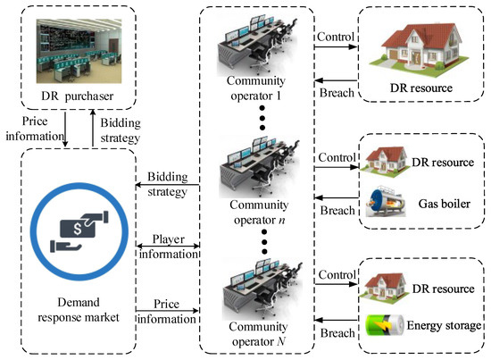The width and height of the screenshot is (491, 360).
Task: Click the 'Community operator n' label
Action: tap(254, 213)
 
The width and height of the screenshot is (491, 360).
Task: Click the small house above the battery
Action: tap(384, 284)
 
